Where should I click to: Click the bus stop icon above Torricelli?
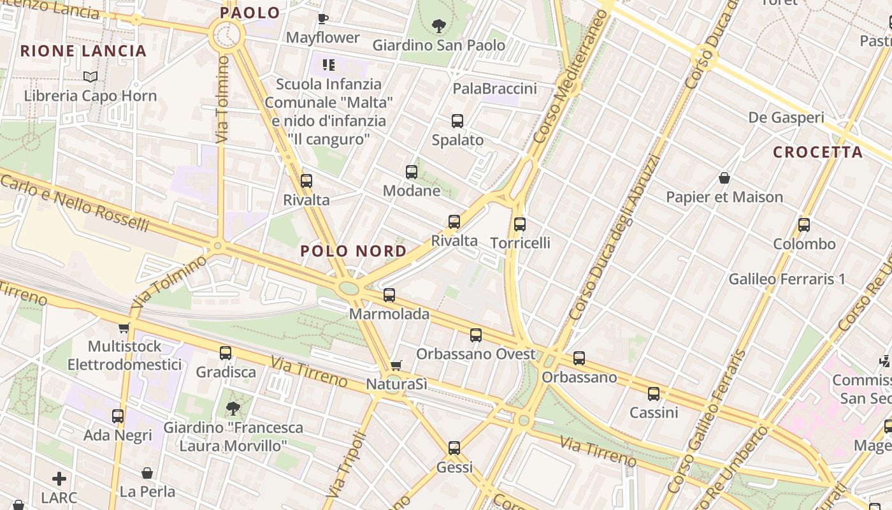(x=520, y=224)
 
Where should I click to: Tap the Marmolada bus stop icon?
(x=389, y=295)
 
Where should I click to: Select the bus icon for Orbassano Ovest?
(x=476, y=335)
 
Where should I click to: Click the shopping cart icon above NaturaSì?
(x=396, y=365)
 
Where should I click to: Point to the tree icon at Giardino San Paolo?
(x=438, y=26)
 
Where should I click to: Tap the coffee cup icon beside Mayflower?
(x=322, y=18)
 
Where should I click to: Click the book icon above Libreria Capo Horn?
(x=90, y=77)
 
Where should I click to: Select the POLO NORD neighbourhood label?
(x=354, y=251)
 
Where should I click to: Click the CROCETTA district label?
(x=817, y=152)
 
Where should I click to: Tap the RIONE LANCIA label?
(x=83, y=51)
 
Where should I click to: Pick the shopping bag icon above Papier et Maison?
(x=724, y=178)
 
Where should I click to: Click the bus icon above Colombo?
(x=804, y=225)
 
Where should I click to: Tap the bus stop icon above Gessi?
(x=454, y=448)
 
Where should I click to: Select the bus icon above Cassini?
(x=654, y=394)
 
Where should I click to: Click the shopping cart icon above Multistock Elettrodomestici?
(x=124, y=328)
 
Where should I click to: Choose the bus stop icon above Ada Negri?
(x=118, y=416)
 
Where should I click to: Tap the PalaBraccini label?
(x=494, y=89)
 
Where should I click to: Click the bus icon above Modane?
(x=412, y=172)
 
